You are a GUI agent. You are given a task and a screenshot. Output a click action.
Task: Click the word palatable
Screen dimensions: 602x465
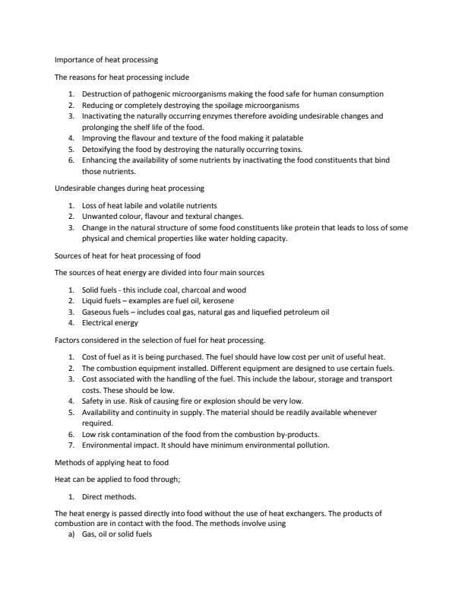[286, 138]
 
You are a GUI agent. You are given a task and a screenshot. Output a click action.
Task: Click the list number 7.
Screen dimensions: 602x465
[70, 444]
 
